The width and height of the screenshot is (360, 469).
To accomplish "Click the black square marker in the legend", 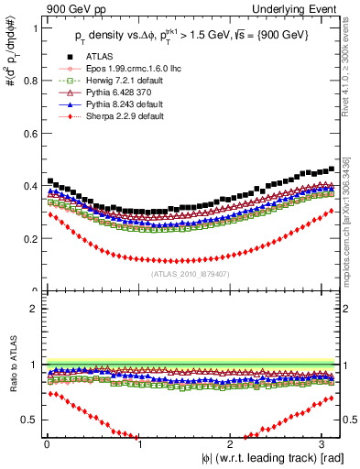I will pos(59,82).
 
